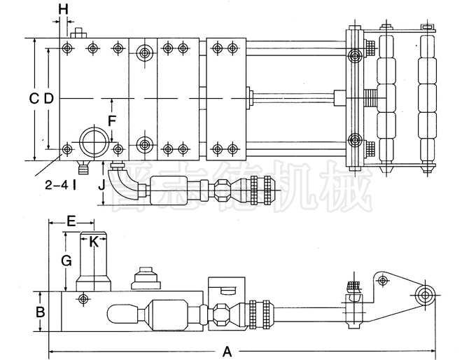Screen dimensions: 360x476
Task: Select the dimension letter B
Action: [x=41, y=311]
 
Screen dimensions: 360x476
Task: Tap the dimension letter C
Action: [x=33, y=99]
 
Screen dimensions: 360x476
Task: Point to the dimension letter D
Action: [x=48, y=99]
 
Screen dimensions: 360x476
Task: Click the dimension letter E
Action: [x=71, y=221]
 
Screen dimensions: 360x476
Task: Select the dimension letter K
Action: [x=93, y=242]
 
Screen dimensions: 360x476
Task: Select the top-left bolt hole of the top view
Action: [x=66, y=48]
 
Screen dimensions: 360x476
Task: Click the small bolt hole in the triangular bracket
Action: [x=382, y=281]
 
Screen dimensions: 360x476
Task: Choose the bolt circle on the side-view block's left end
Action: [x=83, y=299]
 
